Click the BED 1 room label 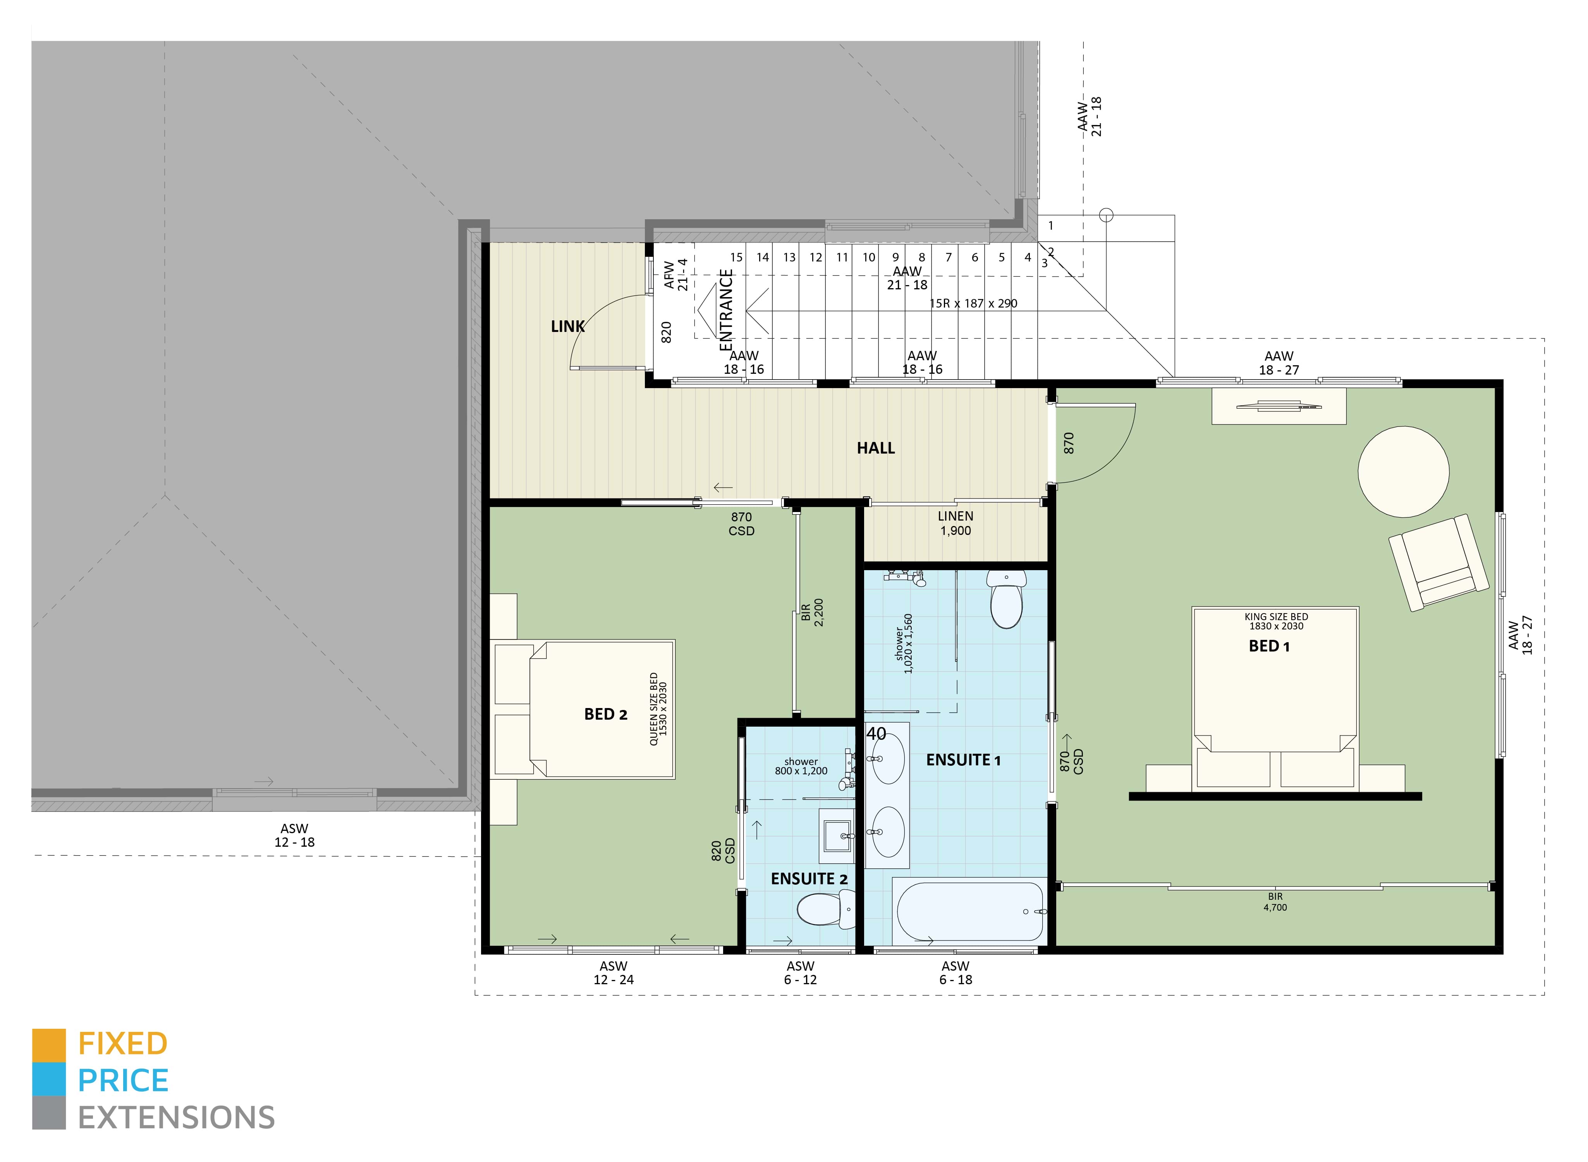pos(1269,646)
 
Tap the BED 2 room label pos(605,714)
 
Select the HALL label pos(876,448)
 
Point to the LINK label pos(567,327)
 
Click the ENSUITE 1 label pos(963,760)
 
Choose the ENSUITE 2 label pos(809,878)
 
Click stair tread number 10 pos(868,258)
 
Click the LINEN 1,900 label pos(955,523)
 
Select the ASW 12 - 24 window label pos(613,973)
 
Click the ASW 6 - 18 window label pos(955,973)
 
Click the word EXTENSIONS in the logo pos(176,1118)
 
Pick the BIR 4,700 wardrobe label pos(1274,902)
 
